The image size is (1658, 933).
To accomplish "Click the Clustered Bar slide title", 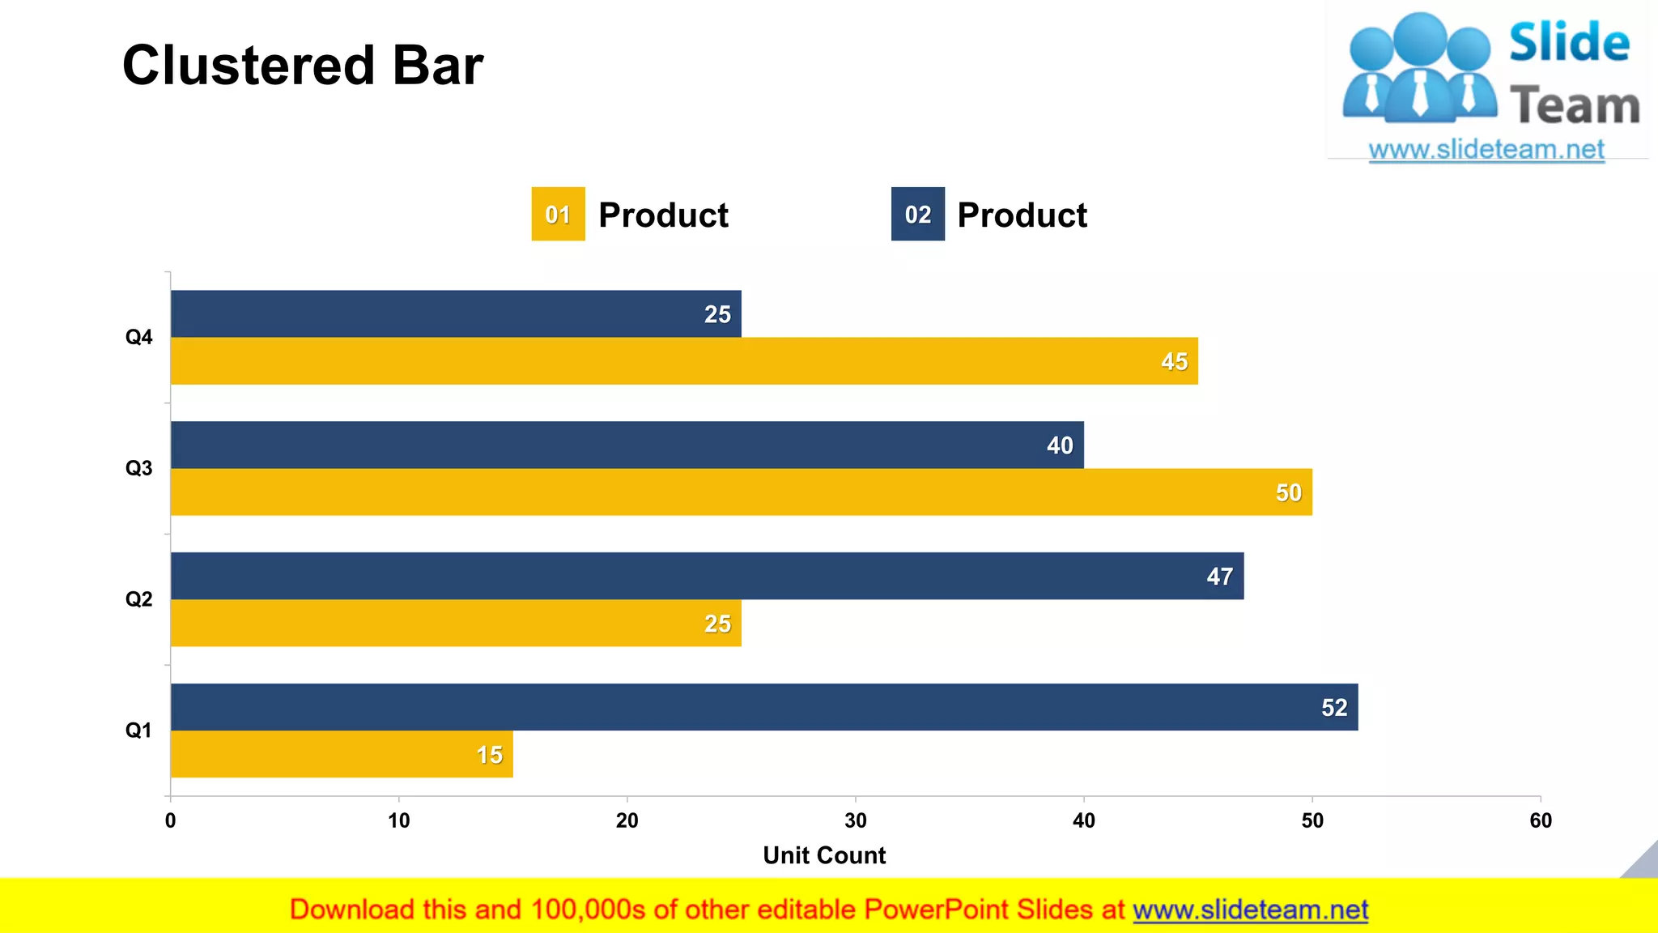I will (x=302, y=66).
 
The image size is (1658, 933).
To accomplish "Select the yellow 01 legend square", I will (x=558, y=214).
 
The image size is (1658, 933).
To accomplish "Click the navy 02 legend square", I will (x=917, y=214).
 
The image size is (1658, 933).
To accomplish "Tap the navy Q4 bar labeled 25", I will (x=456, y=313).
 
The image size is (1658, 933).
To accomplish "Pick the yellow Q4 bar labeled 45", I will (x=684, y=361).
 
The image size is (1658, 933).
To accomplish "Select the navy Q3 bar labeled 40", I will (x=627, y=445).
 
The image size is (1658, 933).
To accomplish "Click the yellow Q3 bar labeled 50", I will (x=741, y=492).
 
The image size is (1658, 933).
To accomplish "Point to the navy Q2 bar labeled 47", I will (x=707, y=576).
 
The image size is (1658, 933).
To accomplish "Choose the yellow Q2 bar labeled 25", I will (x=456, y=623).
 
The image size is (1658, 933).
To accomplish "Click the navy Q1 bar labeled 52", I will (x=764, y=707).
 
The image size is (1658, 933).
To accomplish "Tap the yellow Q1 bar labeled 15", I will (x=342, y=754).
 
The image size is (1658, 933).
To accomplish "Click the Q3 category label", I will (x=138, y=468).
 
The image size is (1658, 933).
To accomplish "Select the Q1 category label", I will (x=138, y=731).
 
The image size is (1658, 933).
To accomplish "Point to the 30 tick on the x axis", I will (x=855, y=820).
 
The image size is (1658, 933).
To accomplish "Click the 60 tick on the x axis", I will (x=1540, y=820).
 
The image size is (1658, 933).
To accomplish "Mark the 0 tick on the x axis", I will (x=170, y=820).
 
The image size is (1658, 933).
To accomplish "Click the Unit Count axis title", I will (x=824, y=855).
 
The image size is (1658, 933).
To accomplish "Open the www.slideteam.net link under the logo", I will (x=1486, y=150).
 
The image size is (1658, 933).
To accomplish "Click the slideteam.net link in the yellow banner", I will (x=1250, y=910).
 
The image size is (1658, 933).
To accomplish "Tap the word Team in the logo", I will (x=1575, y=106).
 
